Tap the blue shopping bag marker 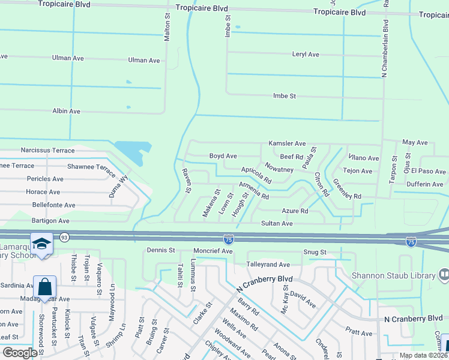[45, 287]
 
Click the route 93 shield [63, 238]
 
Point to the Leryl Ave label [306, 55]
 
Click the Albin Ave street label [66, 112]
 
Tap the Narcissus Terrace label [47, 151]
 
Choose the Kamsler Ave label [288, 144]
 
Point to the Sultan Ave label [276, 223]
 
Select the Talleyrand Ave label [268, 265]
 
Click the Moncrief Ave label [212, 251]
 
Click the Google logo [19, 353]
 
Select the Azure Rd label [295, 211]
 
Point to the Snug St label [315, 253]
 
